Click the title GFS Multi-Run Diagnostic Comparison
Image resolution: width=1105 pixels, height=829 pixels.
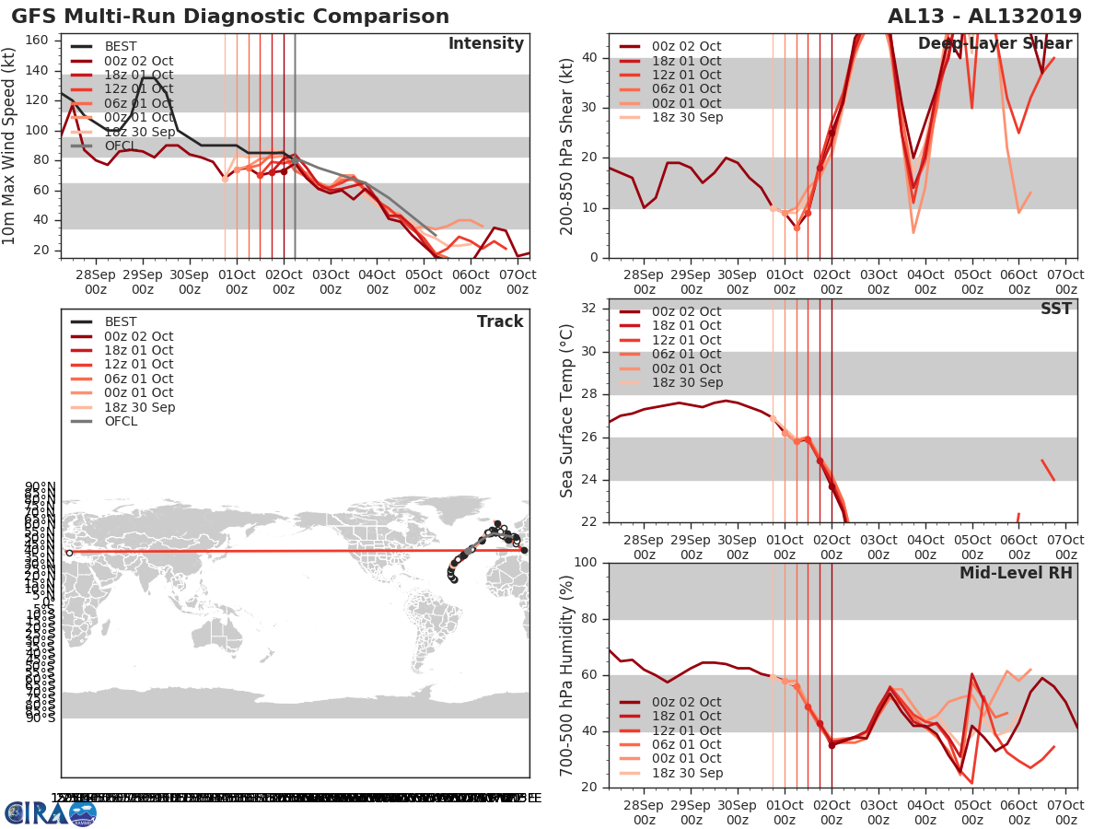click(x=230, y=17)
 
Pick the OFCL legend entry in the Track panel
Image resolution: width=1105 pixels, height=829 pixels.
click(x=121, y=421)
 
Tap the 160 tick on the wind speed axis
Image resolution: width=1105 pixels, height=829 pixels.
click(x=41, y=40)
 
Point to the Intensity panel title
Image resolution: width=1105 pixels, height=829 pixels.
click(x=485, y=44)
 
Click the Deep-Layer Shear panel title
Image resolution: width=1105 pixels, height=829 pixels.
click(x=994, y=44)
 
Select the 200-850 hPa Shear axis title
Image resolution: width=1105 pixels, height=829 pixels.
click(x=567, y=146)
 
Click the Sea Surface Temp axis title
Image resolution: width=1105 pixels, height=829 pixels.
click(x=567, y=410)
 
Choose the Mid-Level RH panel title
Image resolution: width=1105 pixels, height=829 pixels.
click(x=1016, y=573)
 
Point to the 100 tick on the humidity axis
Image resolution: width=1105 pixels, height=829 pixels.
click(x=587, y=563)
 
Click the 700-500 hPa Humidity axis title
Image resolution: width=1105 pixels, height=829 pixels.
click(x=567, y=674)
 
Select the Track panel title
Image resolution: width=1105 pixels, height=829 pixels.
click(x=500, y=321)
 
